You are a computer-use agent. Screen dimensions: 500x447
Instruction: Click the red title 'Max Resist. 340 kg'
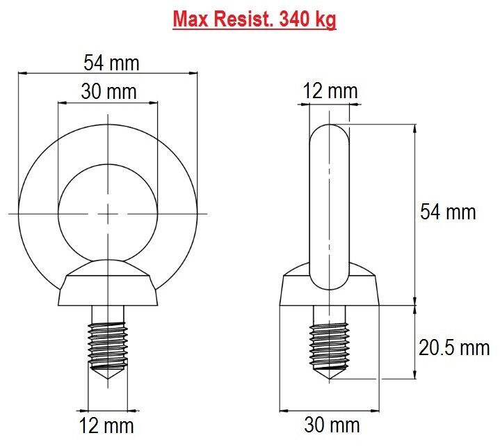(x=255, y=19)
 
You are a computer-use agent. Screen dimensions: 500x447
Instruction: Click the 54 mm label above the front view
(x=111, y=63)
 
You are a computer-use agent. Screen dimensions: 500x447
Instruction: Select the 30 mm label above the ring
(x=108, y=91)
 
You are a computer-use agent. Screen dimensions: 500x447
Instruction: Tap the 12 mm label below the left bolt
(x=106, y=425)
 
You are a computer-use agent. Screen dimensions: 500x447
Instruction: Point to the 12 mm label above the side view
(x=330, y=91)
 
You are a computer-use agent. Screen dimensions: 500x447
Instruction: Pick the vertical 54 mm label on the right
(x=448, y=212)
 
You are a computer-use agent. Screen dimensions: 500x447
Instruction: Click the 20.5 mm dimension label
(x=454, y=347)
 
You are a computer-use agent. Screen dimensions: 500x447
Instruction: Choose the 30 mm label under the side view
(x=332, y=425)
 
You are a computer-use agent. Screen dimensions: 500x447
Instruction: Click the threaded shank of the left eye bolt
(x=108, y=345)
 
